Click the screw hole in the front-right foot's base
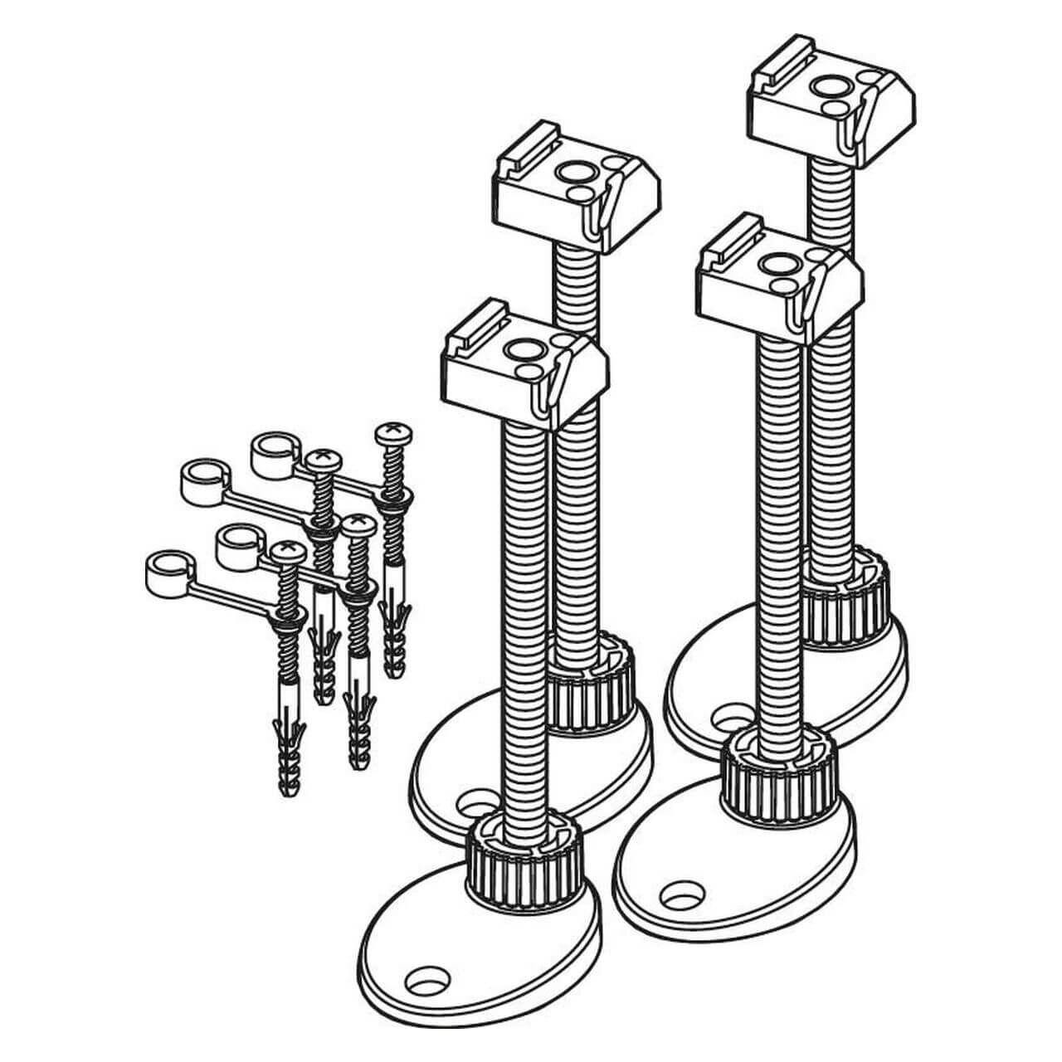click(682, 894)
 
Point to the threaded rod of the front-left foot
click(524, 614)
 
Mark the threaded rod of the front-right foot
click(780, 531)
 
